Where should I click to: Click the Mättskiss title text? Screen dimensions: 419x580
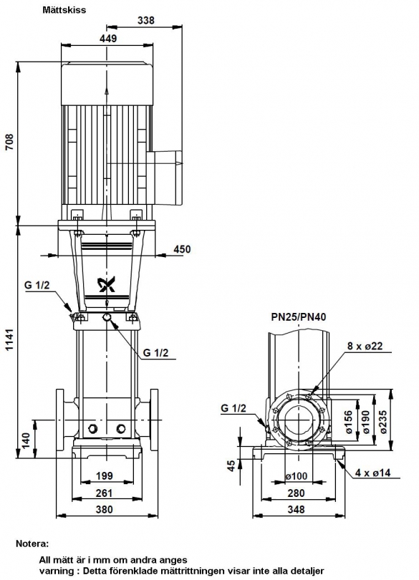pos(64,9)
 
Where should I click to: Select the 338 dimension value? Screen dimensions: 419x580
pos(146,20)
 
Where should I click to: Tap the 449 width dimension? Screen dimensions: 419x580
pos(108,38)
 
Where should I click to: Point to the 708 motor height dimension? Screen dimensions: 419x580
pos(9,142)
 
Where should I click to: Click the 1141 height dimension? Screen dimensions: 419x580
pos(9,339)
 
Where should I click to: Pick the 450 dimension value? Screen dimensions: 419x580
pos(182,249)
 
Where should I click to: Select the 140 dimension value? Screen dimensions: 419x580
pos(26,440)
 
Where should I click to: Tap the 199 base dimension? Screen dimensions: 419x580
pos(105,475)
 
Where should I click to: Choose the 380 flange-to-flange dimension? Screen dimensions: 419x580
pos(105,509)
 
